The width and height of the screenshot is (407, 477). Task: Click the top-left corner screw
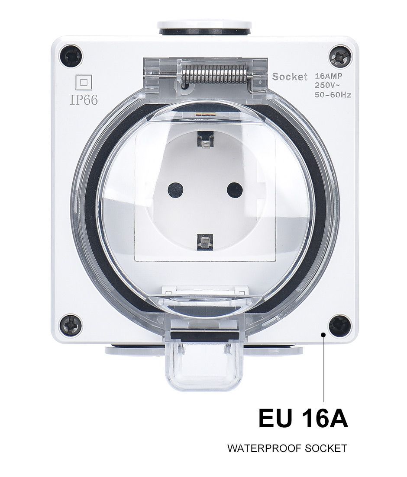point(71,56)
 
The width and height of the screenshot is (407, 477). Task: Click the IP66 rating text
point(84,100)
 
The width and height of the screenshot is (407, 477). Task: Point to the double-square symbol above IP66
point(84,83)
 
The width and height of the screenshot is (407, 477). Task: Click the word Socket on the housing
point(290,77)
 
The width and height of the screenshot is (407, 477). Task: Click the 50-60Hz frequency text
point(333,95)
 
